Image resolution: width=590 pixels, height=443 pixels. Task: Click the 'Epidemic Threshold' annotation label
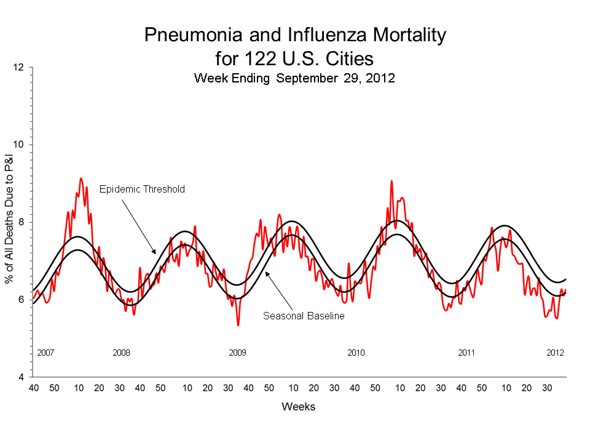(141, 189)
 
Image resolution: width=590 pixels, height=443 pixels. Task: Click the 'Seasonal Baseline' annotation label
(304, 316)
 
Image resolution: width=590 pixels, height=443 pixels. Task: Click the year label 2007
(46, 353)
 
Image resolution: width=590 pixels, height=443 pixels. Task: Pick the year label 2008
(122, 353)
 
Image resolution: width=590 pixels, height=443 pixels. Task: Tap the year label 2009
(238, 353)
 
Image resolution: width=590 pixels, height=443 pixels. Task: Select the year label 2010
(356, 353)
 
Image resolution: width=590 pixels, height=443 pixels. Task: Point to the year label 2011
(467, 353)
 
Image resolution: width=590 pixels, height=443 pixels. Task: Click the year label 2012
(556, 353)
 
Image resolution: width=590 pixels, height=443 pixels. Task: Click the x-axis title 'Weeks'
(299, 407)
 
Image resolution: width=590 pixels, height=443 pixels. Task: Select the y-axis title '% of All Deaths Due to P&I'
(10, 222)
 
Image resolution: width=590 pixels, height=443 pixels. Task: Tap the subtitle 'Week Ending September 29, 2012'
(294, 78)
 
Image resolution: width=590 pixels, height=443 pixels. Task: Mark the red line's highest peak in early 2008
(81, 178)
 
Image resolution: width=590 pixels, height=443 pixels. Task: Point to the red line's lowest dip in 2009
(238, 324)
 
